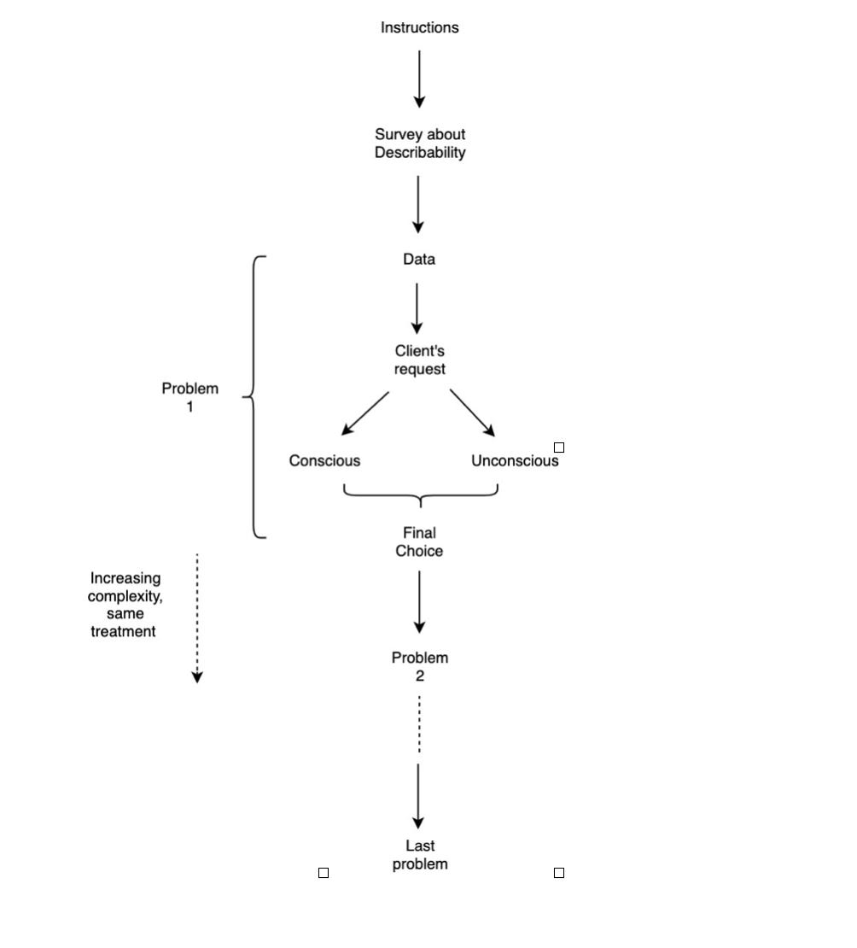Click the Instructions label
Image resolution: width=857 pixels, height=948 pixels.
tap(419, 27)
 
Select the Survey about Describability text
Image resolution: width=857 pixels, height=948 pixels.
tap(420, 143)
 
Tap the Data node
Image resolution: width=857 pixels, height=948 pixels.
tap(419, 260)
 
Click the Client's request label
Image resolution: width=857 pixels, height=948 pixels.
tap(420, 360)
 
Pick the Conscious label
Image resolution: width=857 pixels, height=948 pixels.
tap(324, 461)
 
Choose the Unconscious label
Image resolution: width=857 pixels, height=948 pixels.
tap(515, 461)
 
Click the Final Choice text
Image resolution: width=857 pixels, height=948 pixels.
tap(419, 542)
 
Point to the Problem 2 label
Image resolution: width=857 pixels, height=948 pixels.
tap(420, 667)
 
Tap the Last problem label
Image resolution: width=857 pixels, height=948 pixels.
tap(420, 855)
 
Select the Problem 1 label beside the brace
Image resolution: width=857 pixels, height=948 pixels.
tap(190, 397)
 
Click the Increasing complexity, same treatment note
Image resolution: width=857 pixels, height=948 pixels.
tap(125, 605)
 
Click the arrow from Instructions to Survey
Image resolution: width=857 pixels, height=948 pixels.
tap(419, 79)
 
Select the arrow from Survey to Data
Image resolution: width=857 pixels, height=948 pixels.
tap(418, 203)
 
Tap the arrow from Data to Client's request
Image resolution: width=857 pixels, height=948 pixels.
tap(417, 307)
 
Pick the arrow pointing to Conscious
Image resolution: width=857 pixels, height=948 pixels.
tap(364, 414)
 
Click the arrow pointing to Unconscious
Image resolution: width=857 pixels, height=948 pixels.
tap(472, 413)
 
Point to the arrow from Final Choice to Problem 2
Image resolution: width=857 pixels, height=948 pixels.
tap(419, 601)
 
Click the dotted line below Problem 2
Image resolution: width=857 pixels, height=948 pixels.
tap(419, 724)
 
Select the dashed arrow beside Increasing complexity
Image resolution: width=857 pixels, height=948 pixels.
tap(197, 617)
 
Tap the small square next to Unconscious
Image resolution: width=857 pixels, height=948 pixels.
tap(559, 448)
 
